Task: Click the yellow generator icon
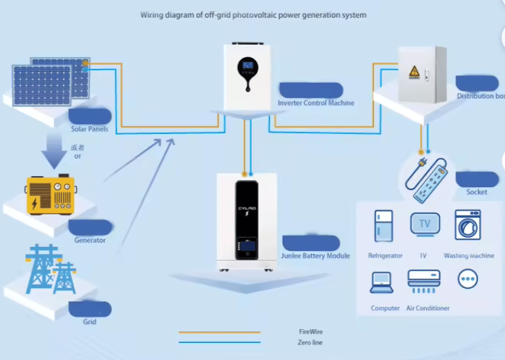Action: (50, 194)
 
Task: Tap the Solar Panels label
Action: (89, 129)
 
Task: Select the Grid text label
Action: (89, 322)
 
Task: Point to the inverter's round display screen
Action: (248, 66)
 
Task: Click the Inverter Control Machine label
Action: (316, 103)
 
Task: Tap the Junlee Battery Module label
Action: (316, 256)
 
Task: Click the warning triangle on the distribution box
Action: (414, 72)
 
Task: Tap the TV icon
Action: (424, 225)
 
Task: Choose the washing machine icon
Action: (468, 225)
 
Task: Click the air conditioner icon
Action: (424, 280)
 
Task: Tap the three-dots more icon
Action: (468, 279)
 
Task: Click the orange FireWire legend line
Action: (219, 332)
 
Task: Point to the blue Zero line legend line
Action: (219, 342)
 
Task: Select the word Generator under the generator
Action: (90, 240)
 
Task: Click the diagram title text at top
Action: (253, 14)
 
